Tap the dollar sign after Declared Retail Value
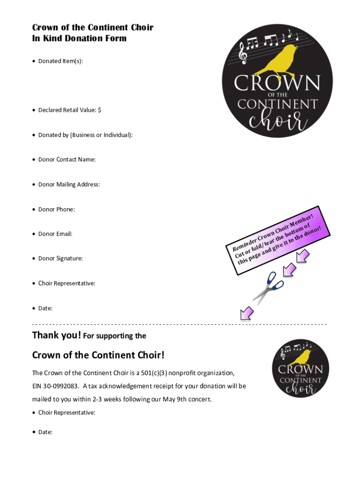click(x=100, y=110)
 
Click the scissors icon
click(x=268, y=287)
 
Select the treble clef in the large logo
click(x=243, y=52)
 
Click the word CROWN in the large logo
click(x=277, y=84)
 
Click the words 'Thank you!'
click(x=57, y=335)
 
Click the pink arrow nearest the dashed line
click(x=246, y=314)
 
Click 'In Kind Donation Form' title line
click(x=79, y=38)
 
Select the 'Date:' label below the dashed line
click(x=45, y=432)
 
